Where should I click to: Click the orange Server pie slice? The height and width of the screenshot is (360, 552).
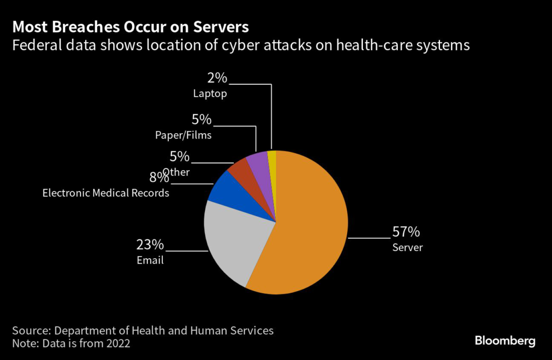307,232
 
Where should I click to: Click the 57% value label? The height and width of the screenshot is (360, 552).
406,232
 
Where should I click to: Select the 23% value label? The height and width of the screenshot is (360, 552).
150,245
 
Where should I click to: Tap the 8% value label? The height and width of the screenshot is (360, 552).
157,177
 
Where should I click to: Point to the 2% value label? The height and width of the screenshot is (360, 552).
217,78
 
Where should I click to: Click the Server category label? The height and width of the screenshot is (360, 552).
408,248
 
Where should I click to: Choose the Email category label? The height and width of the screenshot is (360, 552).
150,261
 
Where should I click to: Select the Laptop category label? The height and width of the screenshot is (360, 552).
210,94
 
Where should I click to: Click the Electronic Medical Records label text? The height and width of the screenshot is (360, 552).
106,192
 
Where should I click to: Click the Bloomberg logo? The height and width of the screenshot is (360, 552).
505,341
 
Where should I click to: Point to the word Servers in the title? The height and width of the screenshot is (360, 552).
220,27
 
